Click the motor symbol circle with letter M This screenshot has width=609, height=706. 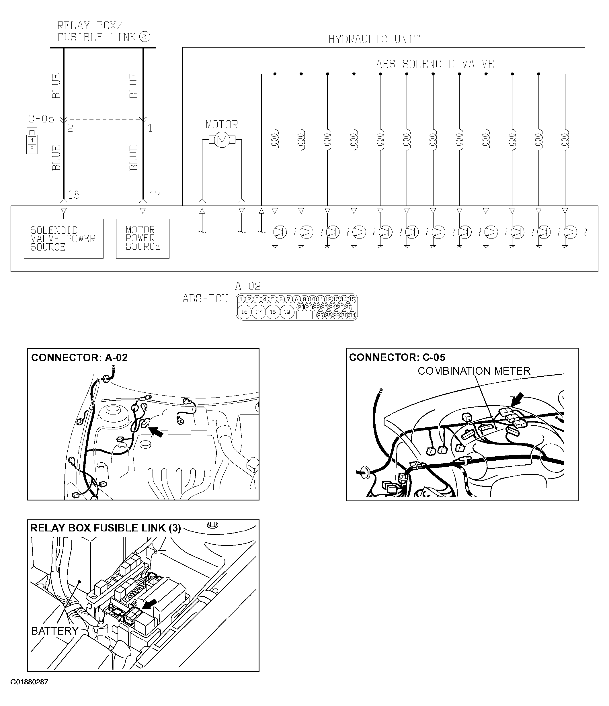click(x=222, y=140)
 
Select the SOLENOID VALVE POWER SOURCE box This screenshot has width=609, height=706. click(x=63, y=238)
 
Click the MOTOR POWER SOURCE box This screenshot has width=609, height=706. click(x=143, y=238)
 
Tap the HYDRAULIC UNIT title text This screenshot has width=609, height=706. click(x=374, y=40)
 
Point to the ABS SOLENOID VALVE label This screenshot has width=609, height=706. click(x=435, y=64)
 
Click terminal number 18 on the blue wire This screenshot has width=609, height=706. click(x=74, y=195)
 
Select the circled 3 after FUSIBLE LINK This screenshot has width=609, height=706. click(x=145, y=37)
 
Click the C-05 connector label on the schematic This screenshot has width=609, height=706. click(x=41, y=119)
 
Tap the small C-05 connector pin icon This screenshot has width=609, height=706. click(x=32, y=141)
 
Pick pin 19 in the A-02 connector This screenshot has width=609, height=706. click(x=287, y=312)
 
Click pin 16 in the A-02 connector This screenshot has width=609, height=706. click(x=244, y=312)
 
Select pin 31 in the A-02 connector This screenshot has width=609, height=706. click(x=352, y=315)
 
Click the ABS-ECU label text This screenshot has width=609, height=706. click(x=205, y=299)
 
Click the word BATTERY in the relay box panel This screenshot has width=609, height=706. click(x=55, y=631)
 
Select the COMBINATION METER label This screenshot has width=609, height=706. click(x=474, y=371)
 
